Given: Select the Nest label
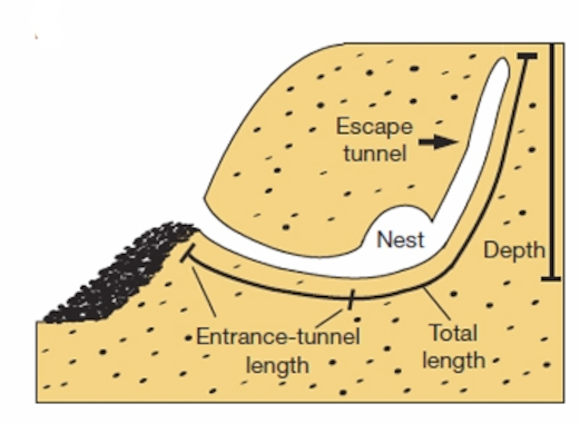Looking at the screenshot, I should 400,240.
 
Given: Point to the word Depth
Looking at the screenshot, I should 514,250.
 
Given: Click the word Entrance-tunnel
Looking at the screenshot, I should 278,337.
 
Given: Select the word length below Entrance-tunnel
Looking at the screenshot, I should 277,365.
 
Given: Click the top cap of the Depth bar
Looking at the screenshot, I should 527,56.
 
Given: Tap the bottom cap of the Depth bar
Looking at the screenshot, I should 551,279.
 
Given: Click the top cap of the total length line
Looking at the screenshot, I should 527,56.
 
